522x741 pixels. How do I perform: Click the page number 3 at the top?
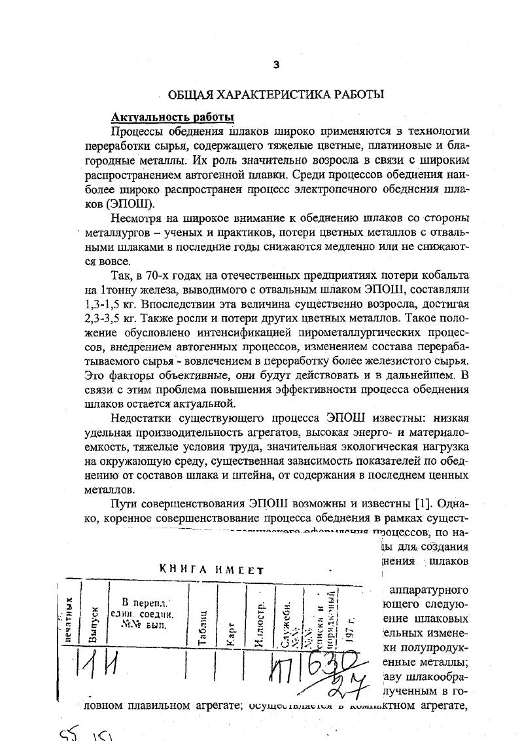(x=275, y=64)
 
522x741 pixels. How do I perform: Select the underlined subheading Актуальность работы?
(x=173, y=117)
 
